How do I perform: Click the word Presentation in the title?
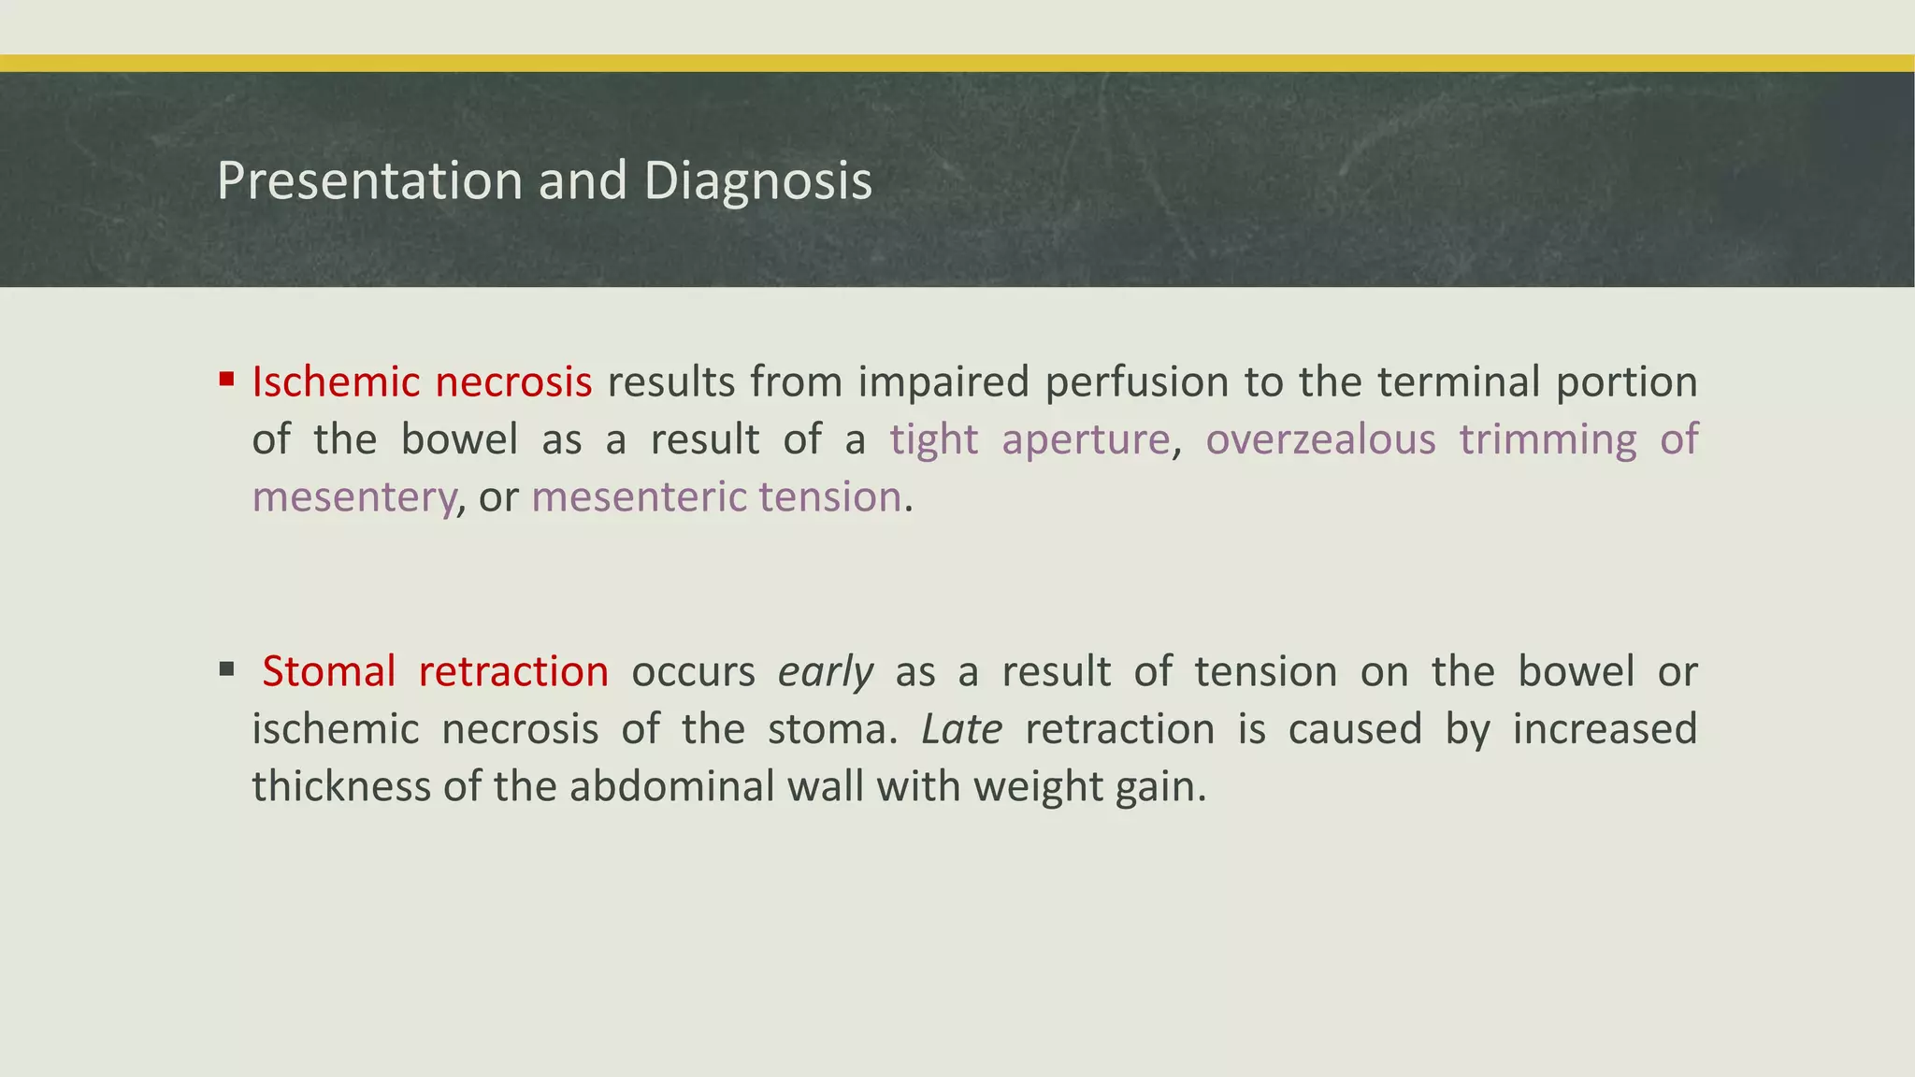click(369, 180)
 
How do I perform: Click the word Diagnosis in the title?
click(757, 180)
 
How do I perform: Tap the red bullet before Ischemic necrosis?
click(226, 380)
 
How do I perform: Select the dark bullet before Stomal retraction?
click(226, 668)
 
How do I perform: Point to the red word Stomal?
click(328, 671)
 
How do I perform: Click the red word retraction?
click(513, 671)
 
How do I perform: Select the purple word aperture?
click(1085, 439)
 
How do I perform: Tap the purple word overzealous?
click(1320, 439)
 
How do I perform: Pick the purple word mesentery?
click(353, 497)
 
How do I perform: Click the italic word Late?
click(961, 729)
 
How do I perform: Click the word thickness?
click(341, 786)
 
